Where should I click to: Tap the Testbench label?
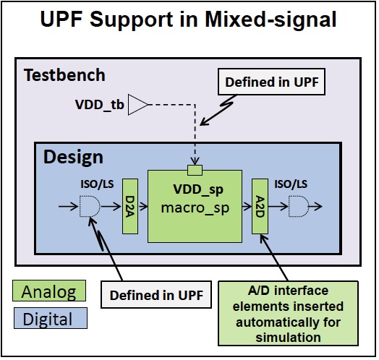(x=64, y=75)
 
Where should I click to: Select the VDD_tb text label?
(x=99, y=105)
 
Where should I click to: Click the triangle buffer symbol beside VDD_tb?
(x=138, y=105)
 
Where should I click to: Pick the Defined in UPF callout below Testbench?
(x=271, y=82)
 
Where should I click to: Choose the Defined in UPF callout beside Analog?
(x=156, y=294)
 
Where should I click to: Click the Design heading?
(x=73, y=158)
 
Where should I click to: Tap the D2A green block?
(x=130, y=206)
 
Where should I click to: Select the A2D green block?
(x=260, y=206)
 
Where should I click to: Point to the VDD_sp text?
(x=198, y=189)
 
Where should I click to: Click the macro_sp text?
(x=195, y=207)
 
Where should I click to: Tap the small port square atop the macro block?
(x=195, y=170)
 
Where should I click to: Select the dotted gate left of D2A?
(x=90, y=206)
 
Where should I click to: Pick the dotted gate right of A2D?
(x=299, y=206)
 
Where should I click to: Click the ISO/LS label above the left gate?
(x=97, y=184)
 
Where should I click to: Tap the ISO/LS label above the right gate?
(x=291, y=184)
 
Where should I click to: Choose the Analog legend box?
(x=49, y=291)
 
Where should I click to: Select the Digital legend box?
(x=51, y=318)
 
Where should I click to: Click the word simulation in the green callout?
(x=288, y=338)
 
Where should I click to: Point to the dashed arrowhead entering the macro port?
(x=195, y=161)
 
